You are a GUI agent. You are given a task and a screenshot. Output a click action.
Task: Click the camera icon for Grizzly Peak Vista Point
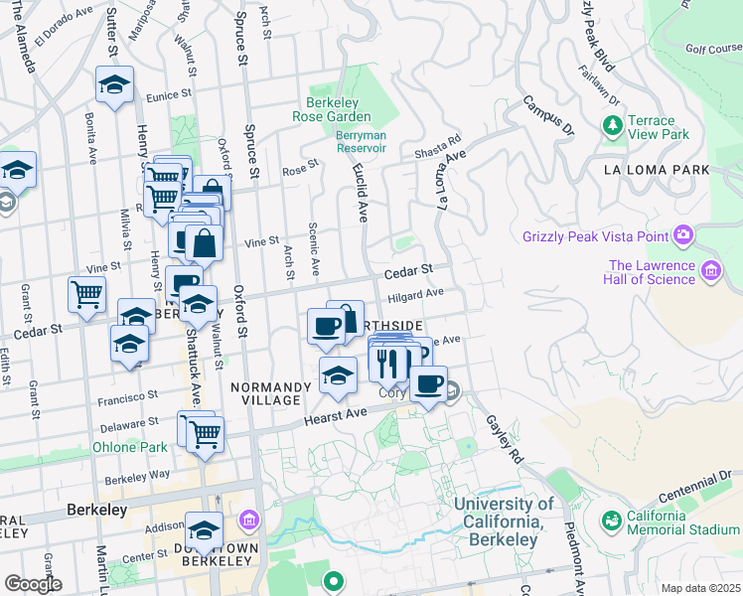682,235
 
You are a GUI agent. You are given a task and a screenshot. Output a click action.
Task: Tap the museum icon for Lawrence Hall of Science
710,271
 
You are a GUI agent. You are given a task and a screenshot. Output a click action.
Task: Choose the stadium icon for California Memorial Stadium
611,520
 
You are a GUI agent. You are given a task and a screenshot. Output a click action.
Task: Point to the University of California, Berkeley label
504,521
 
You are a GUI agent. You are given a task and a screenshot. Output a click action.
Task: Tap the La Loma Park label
657,170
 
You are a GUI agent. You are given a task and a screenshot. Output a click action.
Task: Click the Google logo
33,584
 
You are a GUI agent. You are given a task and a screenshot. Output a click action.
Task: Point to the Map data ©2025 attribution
701,588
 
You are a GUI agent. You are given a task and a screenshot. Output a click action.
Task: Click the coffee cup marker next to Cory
428,382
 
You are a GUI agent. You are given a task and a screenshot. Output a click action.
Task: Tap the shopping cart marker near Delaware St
205,433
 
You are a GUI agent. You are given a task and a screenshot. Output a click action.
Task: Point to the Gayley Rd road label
504,439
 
